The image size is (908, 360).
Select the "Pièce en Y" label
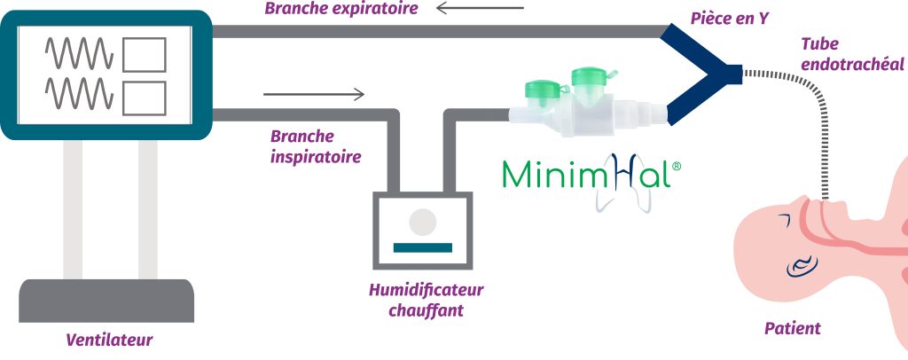(x=729, y=17)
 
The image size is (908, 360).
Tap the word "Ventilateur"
(x=109, y=340)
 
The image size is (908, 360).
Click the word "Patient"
(x=792, y=329)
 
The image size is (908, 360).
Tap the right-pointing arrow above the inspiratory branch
(x=314, y=94)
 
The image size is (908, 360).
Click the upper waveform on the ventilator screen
(x=80, y=54)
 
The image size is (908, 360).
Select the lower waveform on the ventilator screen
(x=80, y=93)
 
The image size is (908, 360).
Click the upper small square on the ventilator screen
(x=144, y=55)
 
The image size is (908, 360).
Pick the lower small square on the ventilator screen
(x=144, y=97)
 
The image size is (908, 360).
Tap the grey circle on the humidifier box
(x=423, y=219)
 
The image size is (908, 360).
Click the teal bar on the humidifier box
(x=423, y=245)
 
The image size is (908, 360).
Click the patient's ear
(x=803, y=262)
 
